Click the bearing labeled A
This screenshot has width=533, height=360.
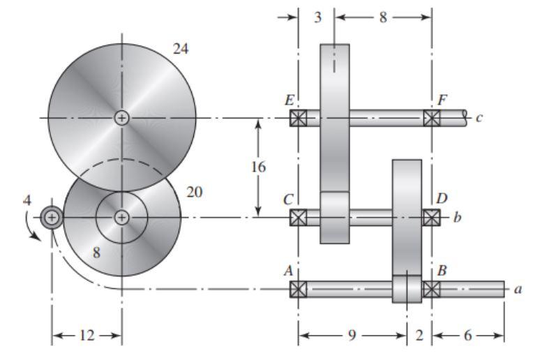pos(298,289)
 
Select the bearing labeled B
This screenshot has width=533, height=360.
pos(432,289)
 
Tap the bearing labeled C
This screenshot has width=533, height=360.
pos(298,217)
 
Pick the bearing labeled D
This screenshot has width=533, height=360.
pos(432,217)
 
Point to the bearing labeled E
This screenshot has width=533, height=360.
pos(298,118)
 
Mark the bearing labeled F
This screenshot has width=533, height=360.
pos(432,118)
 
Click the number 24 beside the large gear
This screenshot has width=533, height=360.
pos(181,49)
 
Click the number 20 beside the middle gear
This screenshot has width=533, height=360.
pos(195,192)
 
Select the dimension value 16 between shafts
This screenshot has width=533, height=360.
pos(258,167)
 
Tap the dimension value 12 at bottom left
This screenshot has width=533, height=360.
pos(87,336)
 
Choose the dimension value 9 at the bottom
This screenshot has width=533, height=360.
pos(352,336)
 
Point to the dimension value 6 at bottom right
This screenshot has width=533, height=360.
pos(467,336)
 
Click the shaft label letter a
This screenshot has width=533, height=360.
pos(517,289)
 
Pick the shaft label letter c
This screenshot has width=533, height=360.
pos(479,118)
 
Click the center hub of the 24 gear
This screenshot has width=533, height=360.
pos(122,118)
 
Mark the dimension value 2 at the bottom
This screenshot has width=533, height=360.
pos(419,336)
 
